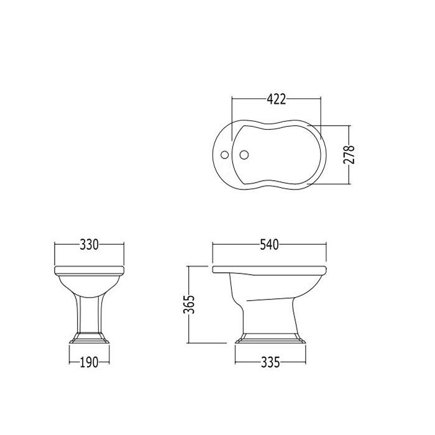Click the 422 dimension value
pos(276,98)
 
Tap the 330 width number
pos(89,245)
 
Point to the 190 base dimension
pos(89,363)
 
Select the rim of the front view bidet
pos(89,269)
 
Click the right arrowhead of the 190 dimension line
pos(109,363)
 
